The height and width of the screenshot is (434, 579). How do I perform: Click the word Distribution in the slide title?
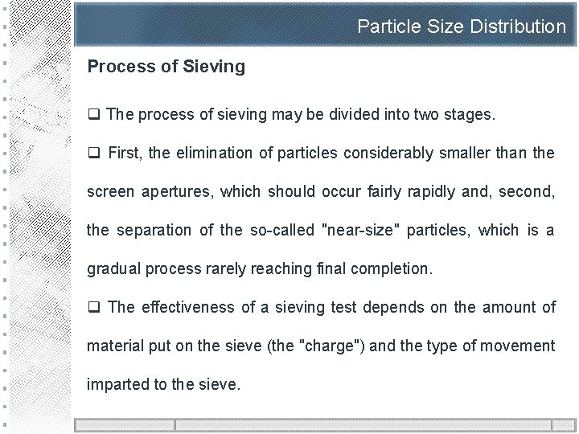pyautogui.click(x=518, y=27)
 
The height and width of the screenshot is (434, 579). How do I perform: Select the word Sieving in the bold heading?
pyautogui.click(x=215, y=67)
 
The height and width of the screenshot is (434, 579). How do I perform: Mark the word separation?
pyautogui.click(x=156, y=230)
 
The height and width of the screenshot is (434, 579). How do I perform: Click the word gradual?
pyautogui.click(x=113, y=268)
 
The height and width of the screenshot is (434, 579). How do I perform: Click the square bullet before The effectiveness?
pyautogui.click(x=93, y=307)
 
